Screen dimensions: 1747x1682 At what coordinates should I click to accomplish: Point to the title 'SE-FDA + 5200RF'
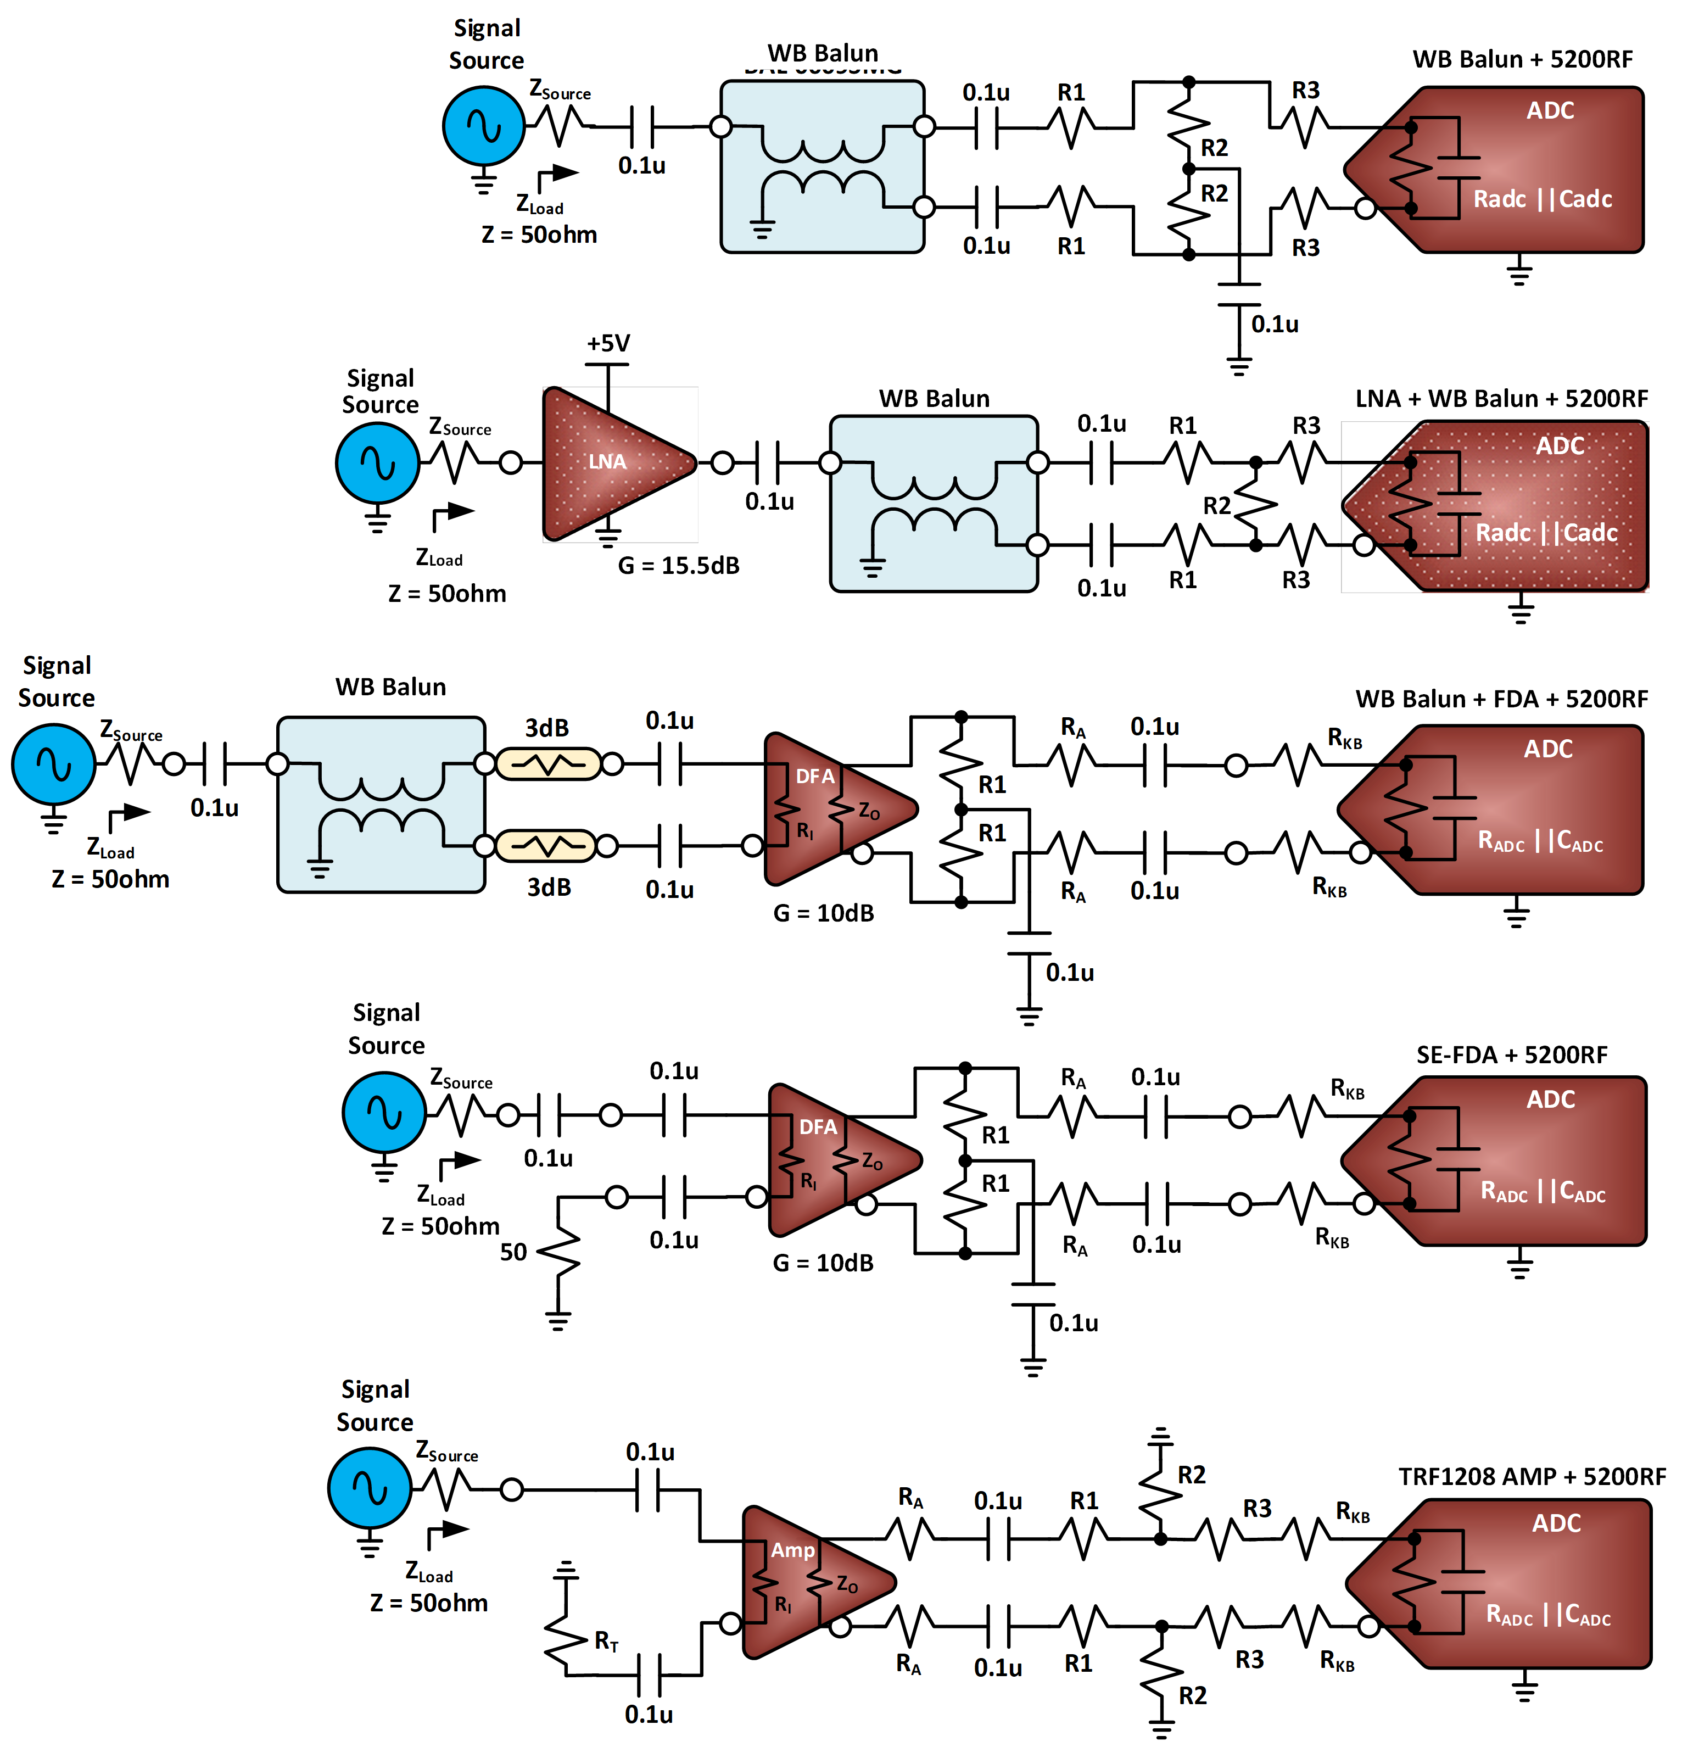click(1512, 1056)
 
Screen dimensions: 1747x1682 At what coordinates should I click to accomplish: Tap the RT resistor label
click(606, 1641)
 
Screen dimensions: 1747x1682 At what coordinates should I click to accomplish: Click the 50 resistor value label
click(513, 1252)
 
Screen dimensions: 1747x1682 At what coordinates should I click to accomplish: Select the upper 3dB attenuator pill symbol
click(548, 764)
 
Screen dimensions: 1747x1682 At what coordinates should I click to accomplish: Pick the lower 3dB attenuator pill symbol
click(545, 845)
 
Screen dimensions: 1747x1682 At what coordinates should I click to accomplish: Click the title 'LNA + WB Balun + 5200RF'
click(1501, 398)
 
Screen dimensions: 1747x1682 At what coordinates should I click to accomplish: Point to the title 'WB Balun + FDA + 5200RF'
click(1501, 699)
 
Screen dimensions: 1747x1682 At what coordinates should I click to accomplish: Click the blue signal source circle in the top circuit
click(484, 126)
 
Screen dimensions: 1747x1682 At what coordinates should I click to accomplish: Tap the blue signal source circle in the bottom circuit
click(370, 1488)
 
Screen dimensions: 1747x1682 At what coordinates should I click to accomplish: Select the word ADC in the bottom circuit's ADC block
click(1556, 1523)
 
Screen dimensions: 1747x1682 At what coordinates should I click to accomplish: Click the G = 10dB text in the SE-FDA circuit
click(823, 1263)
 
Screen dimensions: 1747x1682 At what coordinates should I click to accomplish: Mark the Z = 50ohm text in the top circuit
click(539, 235)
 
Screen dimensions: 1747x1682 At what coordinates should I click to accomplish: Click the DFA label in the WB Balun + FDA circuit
click(815, 777)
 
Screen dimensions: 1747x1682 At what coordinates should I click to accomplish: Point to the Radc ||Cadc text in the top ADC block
click(1542, 199)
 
